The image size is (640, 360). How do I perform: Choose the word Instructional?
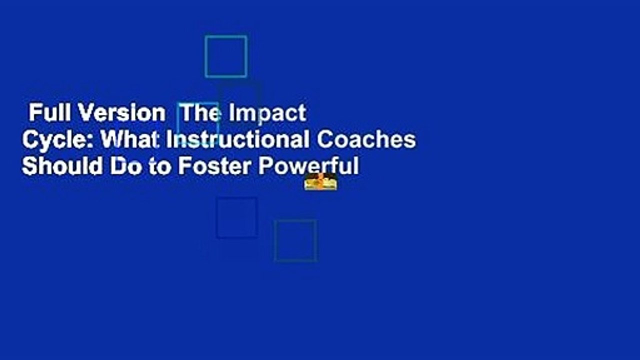pyautogui.click(x=237, y=140)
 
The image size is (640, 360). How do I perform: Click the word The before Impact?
pyautogui.click(x=200, y=114)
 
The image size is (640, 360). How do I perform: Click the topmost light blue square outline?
pyautogui.click(x=226, y=56)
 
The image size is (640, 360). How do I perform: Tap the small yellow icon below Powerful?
pyautogui.click(x=320, y=183)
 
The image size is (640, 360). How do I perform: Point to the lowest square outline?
pyautogui.click(x=295, y=240)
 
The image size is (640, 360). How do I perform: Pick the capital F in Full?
pyautogui.click(x=33, y=114)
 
